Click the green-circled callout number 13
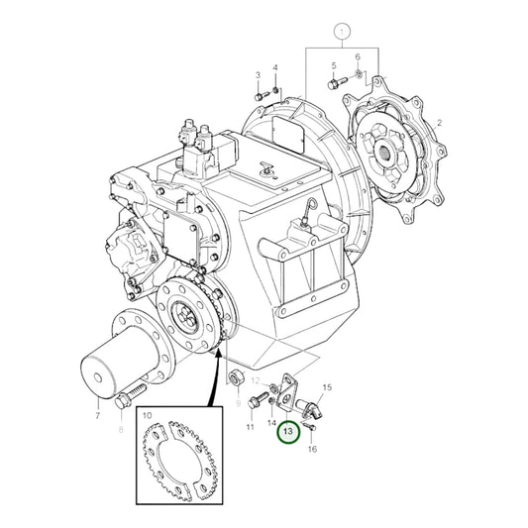tap(287, 431)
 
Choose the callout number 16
tap(313, 422)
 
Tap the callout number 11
tap(250, 427)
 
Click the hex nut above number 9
tap(237, 378)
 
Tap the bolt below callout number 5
tap(335, 82)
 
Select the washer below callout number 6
tap(358, 75)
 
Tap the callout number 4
tap(275, 67)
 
